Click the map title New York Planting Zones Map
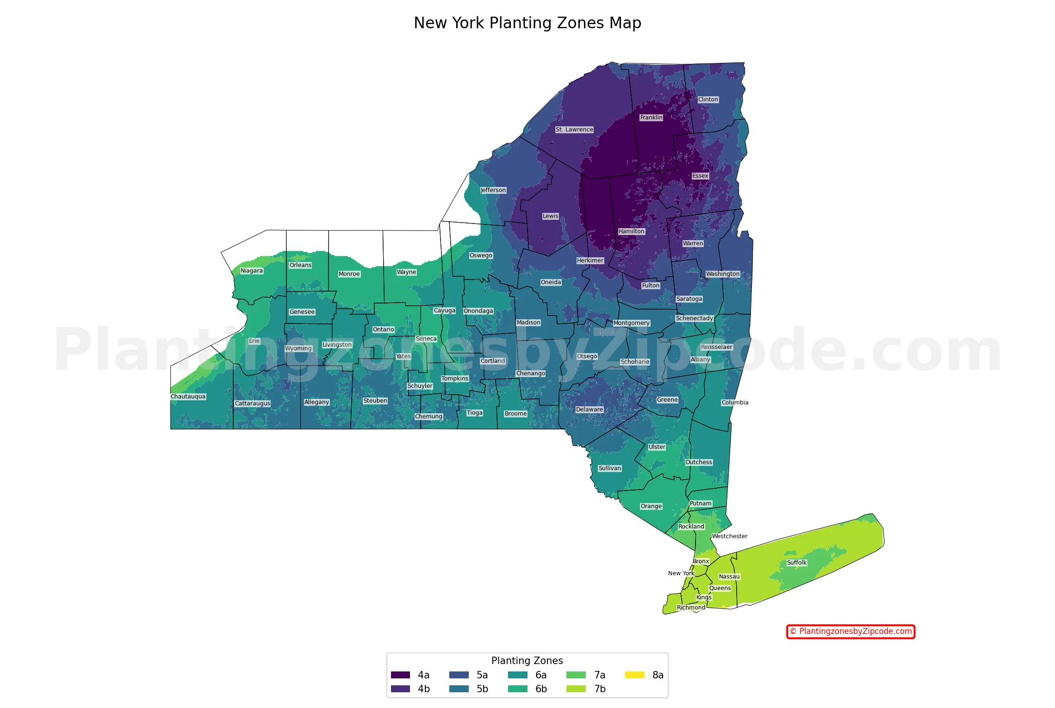coord(527,23)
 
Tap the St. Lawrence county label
coord(574,130)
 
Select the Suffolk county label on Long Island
coord(796,563)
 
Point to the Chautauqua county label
coord(188,397)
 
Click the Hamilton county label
coord(631,231)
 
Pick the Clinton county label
coord(708,99)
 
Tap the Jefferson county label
coord(493,190)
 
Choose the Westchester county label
coord(729,536)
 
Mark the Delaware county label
coord(589,410)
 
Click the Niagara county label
coord(252,271)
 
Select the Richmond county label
coord(691,608)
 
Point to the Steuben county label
coord(375,401)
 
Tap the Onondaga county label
coord(478,311)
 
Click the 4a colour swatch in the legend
coord(400,675)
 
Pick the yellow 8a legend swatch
coord(634,675)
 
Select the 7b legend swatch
coord(576,689)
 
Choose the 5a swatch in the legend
coord(459,675)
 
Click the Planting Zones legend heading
coord(527,661)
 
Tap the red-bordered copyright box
coord(850,631)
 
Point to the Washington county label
coord(722,274)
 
